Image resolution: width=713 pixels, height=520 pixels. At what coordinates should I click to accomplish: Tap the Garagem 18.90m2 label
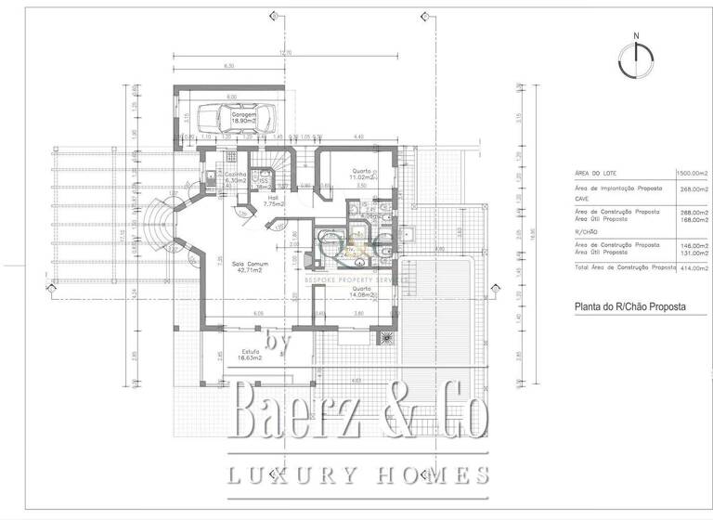[x=245, y=117]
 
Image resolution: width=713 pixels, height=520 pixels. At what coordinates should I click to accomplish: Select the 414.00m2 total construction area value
[x=693, y=266]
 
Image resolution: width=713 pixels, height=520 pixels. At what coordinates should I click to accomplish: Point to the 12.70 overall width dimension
[x=286, y=53]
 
